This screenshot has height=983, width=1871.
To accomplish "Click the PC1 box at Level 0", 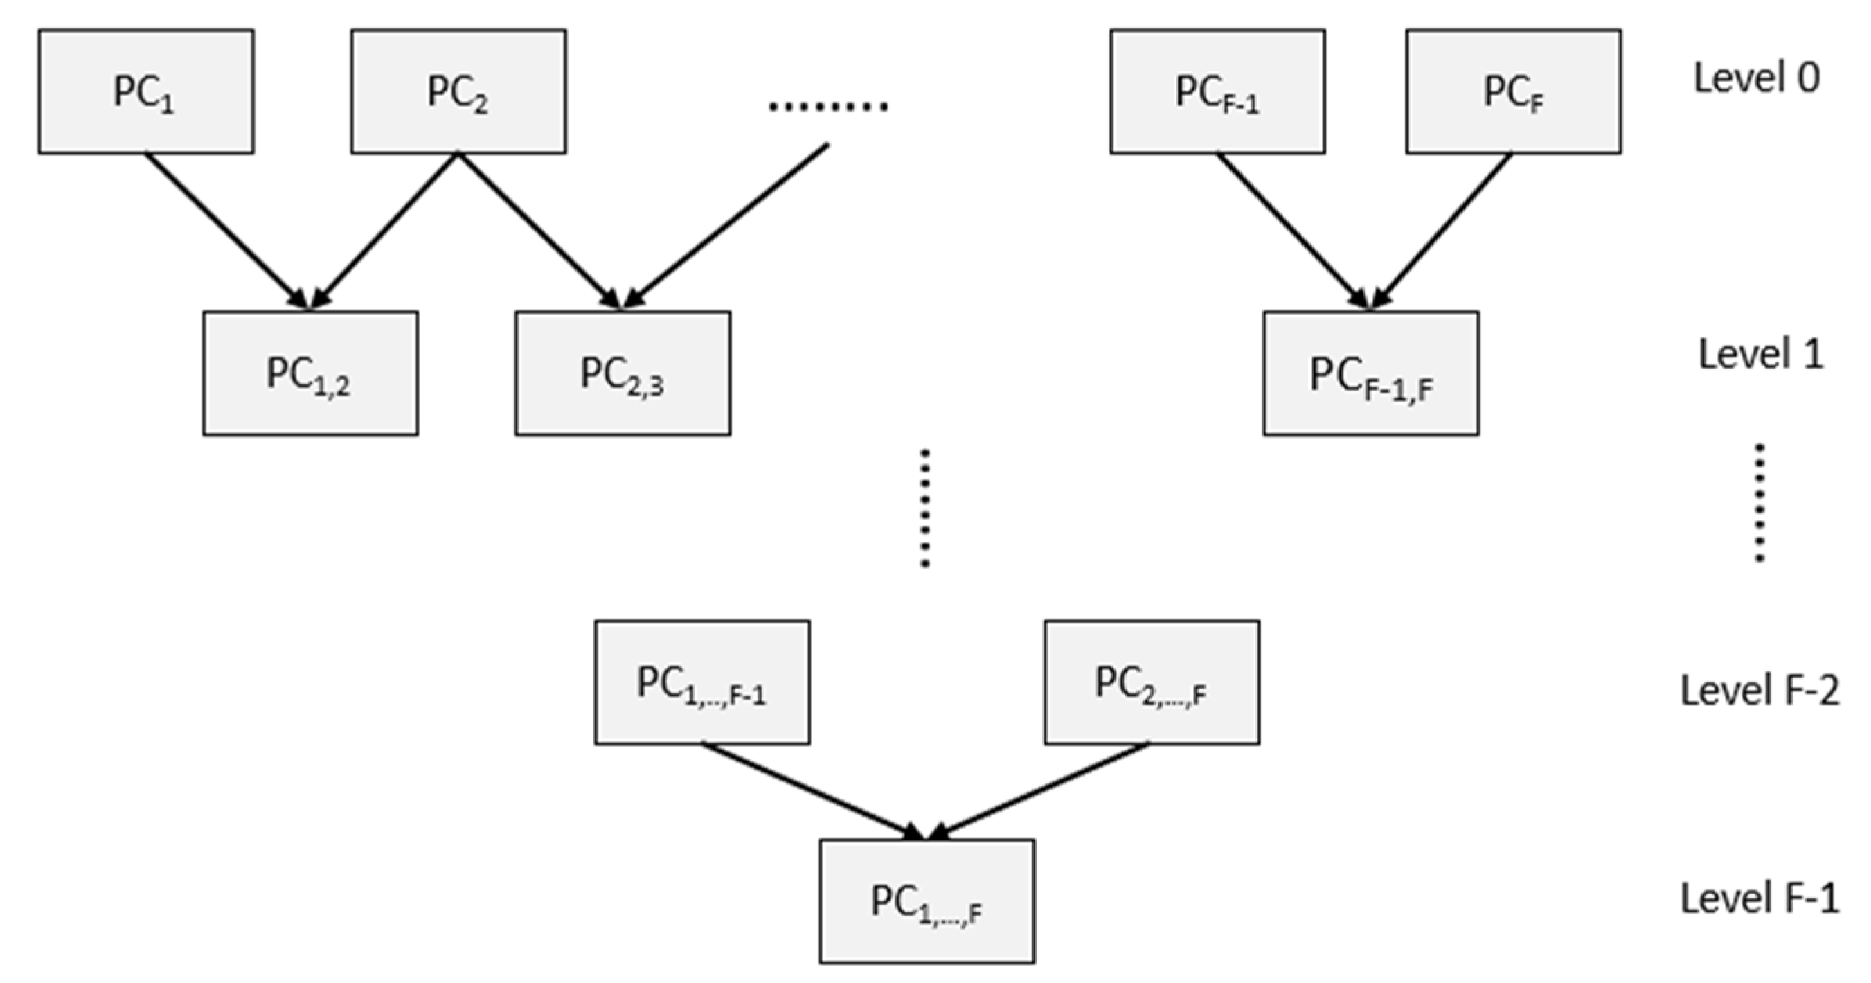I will (x=146, y=91).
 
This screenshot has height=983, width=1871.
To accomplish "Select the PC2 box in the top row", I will (x=458, y=91).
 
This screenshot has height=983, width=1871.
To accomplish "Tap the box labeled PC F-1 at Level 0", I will (x=1217, y=91).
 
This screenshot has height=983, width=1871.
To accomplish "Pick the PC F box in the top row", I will (x=1513, y=91).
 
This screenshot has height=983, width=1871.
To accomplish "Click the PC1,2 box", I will (x=310, y=373).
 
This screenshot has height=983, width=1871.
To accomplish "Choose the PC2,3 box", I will (x=623, y=373).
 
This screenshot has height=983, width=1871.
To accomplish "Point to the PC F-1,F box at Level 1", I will (x=1370, y=373).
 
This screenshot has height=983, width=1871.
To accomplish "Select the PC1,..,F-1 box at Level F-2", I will (x=701, y=682).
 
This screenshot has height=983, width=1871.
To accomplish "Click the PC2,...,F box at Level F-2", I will (x=1152, y=682).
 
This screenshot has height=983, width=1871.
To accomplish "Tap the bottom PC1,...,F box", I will (x=926, y=902).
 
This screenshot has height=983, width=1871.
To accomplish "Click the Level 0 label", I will (x=1756, y=78).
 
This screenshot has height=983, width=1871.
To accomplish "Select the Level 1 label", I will (x=1761, y=355).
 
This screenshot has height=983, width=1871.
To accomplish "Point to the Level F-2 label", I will (x=1759, y=690).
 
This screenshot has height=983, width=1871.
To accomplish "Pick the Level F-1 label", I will (x=1759, y=898).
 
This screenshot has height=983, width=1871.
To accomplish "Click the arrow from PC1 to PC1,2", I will (x=225, y=229).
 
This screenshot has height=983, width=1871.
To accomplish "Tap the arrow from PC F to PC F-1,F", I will (x=1443, y=229).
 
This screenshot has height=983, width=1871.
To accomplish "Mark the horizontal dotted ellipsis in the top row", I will (x=828, y=107).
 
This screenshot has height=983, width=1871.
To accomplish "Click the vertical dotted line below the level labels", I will (x=1759, y=503).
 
